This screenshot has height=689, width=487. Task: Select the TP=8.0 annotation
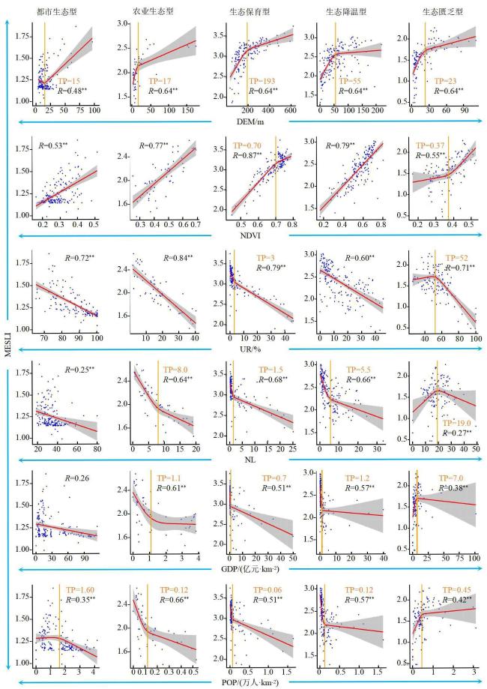click(x=172, y=370)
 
